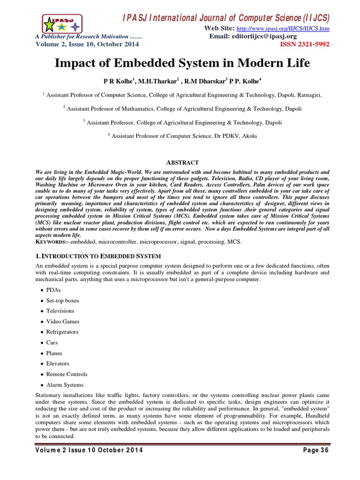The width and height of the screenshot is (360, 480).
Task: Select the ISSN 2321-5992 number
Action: click(305, 45)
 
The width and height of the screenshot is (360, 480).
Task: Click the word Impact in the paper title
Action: click(79, 63)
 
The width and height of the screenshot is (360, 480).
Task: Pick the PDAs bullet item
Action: click(54, 290)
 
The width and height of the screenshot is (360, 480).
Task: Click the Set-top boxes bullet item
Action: click(62, 300)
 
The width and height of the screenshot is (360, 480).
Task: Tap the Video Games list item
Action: click(62, 322)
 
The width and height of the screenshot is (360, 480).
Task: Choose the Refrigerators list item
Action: click(62, 332)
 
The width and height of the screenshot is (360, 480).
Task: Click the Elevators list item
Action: click(57, 363)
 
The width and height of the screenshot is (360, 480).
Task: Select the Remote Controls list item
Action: click(67, 374)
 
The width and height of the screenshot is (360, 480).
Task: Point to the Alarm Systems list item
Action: click(65, 385)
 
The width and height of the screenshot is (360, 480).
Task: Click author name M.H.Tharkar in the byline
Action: click(138, 81)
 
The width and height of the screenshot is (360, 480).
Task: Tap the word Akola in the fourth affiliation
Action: click(248, 136)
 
